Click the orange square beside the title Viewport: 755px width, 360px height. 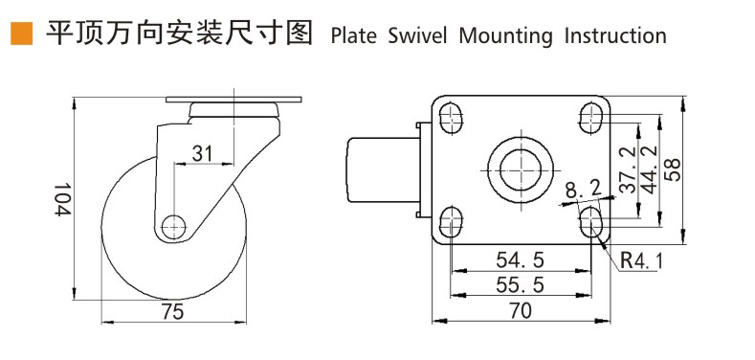coord(22,34)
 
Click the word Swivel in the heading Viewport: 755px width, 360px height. coord(417,36)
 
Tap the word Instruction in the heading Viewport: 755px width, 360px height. coord(615,36)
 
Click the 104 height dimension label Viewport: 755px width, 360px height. coord(62,199)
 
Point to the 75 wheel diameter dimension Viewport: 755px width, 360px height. coord(173,312)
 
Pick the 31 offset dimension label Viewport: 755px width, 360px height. coord(202,154)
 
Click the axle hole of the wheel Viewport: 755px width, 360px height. coord(174,227)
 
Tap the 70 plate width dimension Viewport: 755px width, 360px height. coord(520,311)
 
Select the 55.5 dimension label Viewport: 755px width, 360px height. coord(520,285)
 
